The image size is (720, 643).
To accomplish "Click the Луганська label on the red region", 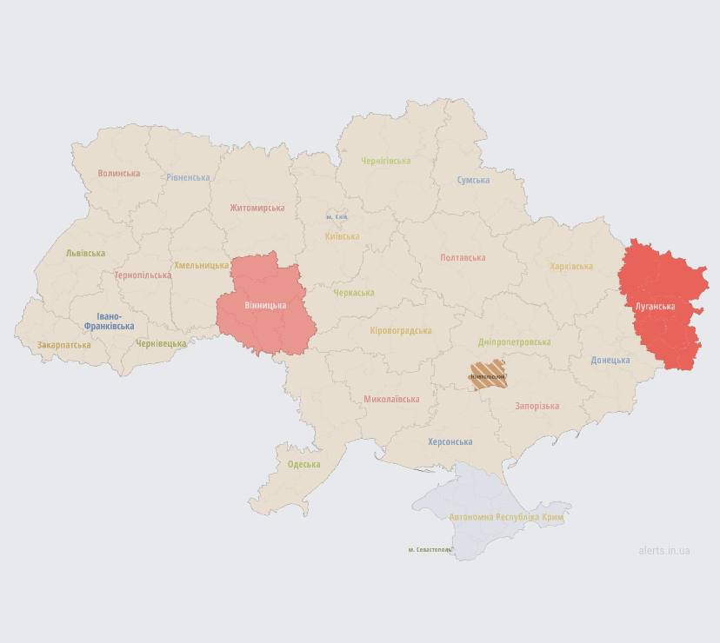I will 655,307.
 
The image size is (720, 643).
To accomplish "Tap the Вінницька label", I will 265,306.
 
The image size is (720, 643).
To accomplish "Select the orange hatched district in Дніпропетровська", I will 487,375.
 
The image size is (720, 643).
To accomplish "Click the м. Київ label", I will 337,216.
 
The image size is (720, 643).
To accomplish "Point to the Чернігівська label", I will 386,161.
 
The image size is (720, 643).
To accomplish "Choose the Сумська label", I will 473,180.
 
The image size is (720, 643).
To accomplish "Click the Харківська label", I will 571,267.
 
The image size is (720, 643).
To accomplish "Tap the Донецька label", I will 610,360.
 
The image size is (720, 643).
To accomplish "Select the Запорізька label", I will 537,406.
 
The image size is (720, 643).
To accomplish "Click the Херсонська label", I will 450,441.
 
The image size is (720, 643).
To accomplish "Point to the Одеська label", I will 303,464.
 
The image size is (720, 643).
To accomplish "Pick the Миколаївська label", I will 391,400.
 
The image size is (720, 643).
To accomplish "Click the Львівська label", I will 85,254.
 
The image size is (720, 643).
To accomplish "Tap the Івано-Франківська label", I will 109,321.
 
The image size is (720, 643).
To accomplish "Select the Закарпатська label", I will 63,345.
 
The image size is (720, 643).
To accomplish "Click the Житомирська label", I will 257,208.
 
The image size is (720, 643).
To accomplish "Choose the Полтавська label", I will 463,257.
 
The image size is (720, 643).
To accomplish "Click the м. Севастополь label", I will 430,549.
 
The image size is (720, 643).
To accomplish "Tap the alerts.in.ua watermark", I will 663,550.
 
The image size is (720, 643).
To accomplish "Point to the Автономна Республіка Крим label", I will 506,517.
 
